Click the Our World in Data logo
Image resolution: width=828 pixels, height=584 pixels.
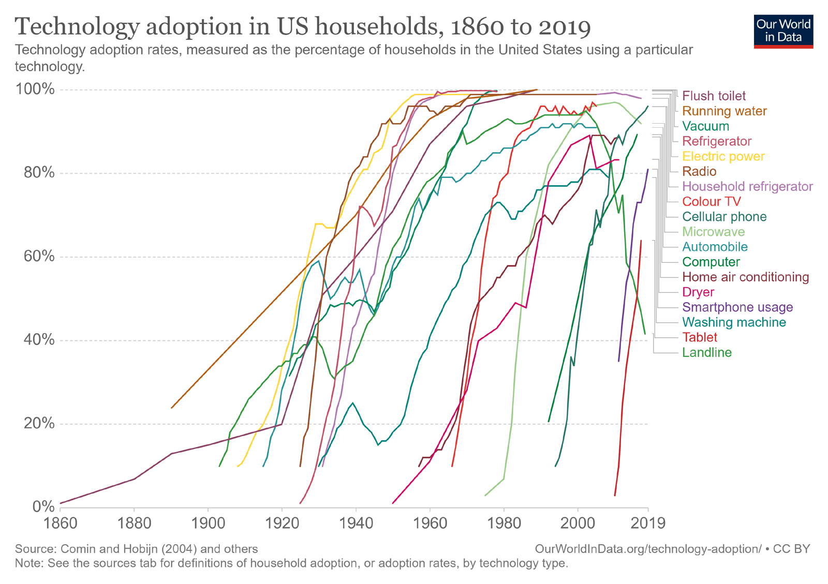coord(783,31)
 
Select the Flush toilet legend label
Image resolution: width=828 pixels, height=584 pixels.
coord(714,96)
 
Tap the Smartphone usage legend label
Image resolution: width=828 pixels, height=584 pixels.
coord(737,307)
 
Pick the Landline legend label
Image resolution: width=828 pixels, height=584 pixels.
coord(707,353)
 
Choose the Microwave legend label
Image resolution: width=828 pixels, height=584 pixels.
coord(714,232)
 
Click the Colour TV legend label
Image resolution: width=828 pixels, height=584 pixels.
coord(712,202)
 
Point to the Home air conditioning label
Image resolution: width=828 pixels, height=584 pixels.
coord(745,277)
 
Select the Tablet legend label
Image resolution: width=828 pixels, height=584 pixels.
coord(700,338)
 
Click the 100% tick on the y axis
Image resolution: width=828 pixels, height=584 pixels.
coord(35,89)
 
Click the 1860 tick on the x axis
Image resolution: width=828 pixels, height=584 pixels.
coord(61,523)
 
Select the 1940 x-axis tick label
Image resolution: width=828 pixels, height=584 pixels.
coord(356,523)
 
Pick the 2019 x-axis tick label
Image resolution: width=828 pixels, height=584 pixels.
coord(648,523)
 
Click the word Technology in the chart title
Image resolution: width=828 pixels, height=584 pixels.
coord(77,27)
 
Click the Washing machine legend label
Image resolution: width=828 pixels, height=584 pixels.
coord(734,323)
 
